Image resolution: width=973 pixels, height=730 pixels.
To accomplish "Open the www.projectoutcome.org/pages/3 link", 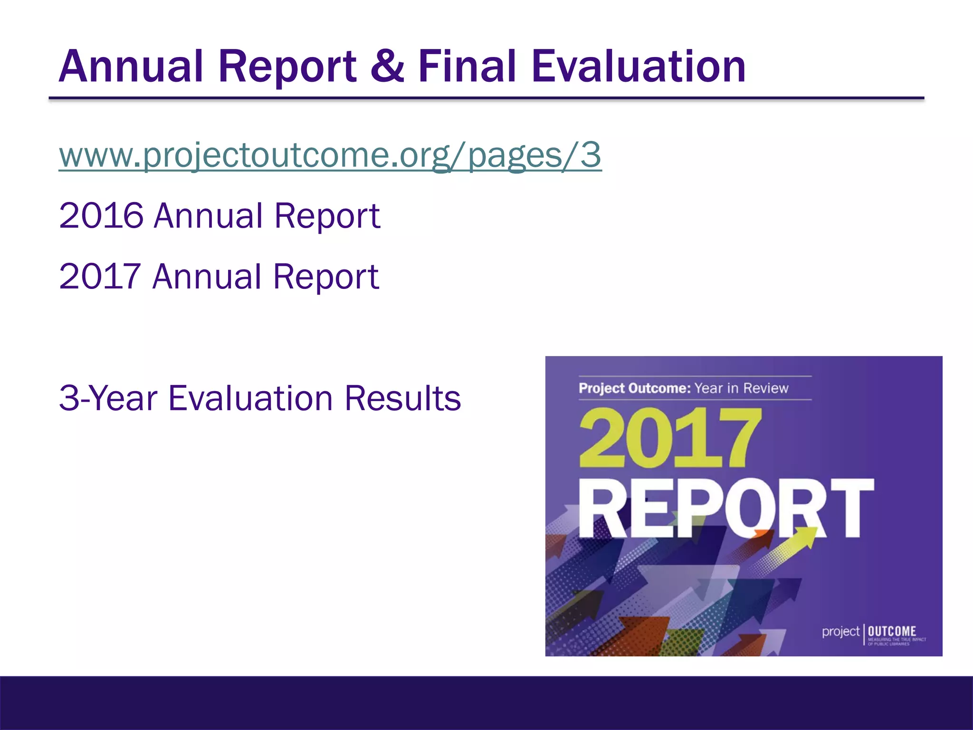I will tap(330, 155).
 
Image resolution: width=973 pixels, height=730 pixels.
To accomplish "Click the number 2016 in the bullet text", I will tap(101, 216).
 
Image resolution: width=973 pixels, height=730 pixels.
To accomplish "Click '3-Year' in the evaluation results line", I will tap(108, 398).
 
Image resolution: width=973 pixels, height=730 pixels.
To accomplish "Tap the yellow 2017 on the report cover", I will tap(669, 438).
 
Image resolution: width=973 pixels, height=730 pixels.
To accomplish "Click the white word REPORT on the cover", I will tap(726, 508).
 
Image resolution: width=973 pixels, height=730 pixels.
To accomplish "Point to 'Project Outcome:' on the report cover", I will tap(634, 388).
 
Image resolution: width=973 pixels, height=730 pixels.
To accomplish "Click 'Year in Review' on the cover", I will tap(741, 388).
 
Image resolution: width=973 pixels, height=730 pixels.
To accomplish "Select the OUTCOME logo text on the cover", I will tap(892, 631).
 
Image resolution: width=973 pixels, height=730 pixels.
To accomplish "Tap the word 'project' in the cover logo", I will tap(840, 632).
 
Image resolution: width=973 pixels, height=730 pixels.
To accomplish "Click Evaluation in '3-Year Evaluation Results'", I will tap(250, 398).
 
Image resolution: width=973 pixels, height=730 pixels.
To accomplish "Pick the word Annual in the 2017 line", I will tap(207, 277).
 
